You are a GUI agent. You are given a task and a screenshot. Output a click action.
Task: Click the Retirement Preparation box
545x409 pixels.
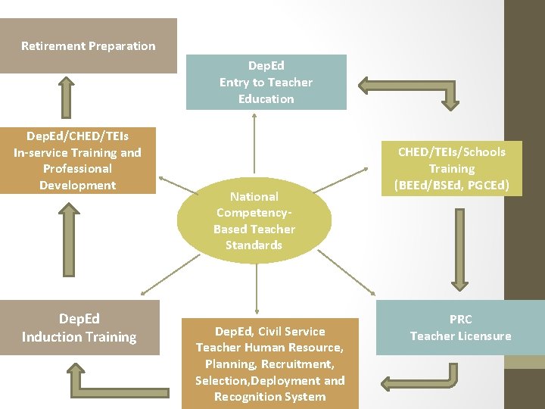click(x=88, y=46)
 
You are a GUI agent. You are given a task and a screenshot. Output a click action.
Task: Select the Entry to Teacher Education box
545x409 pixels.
click(x=266, y=82)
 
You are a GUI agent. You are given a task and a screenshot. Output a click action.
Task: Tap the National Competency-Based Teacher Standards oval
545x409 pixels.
click(x=254, y=220)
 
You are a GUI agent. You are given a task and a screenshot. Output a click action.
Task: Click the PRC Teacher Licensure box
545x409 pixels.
click(x=460, y=328)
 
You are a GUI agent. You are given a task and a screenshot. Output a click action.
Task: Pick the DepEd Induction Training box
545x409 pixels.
click(x=79, y=328)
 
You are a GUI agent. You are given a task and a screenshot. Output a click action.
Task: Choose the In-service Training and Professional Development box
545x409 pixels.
click(x=77, y=161)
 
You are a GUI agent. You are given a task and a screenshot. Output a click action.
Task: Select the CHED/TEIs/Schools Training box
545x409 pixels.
click(x=452, y=168)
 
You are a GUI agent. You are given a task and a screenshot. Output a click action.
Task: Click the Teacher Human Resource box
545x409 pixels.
click(x=269, y=364)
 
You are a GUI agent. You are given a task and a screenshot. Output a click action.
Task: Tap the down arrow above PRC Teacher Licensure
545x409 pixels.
click(x=458, y=246)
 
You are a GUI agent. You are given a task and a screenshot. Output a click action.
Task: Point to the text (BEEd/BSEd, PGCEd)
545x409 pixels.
click(x=452, y=186)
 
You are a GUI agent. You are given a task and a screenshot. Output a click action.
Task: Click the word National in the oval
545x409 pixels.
click(x=254, y=196)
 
